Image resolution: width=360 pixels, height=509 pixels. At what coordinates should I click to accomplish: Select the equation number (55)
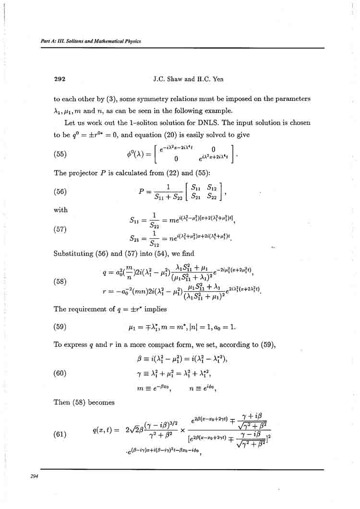pyautogui.click(x=60, y=154)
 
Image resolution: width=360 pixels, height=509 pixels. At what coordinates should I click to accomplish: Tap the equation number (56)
pyautogui.click(x=60, y=190)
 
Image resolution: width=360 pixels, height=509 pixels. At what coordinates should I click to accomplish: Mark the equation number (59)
pyautogui.click(x=60, y=329)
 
